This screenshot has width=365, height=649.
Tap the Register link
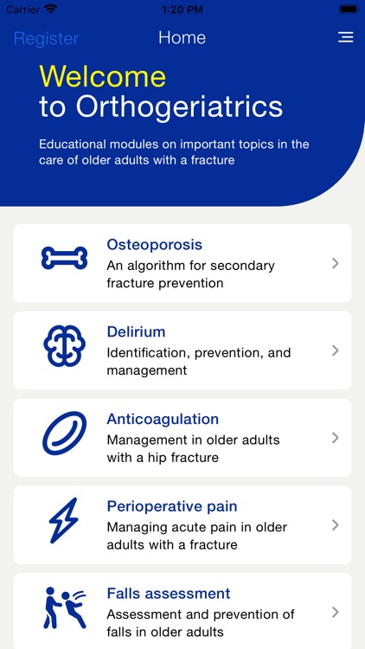click(46, 38)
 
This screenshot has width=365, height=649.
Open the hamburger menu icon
click(345, 38)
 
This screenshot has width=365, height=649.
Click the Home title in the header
click(182, 38)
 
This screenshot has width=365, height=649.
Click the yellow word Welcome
click(102, 76)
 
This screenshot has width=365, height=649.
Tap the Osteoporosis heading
click(154, 245)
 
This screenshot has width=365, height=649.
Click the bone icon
click(65, 258)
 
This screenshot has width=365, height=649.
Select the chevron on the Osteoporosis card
click(335, 263)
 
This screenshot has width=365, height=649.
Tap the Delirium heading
click(136, 332)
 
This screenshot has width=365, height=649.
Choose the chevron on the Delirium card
click(335, 350)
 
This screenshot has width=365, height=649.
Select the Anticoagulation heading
click(163, 420)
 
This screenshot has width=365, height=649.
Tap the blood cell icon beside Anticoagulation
click(65, 434)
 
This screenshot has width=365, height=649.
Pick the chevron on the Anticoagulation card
click(335, 438)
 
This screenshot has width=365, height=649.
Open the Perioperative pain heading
click(171, 507)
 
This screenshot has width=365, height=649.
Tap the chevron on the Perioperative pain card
click(335, 525)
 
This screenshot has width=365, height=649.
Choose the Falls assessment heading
click(168, 594)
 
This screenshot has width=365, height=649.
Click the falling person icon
click(65, 607)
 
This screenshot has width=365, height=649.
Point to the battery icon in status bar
click(348, 9)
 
